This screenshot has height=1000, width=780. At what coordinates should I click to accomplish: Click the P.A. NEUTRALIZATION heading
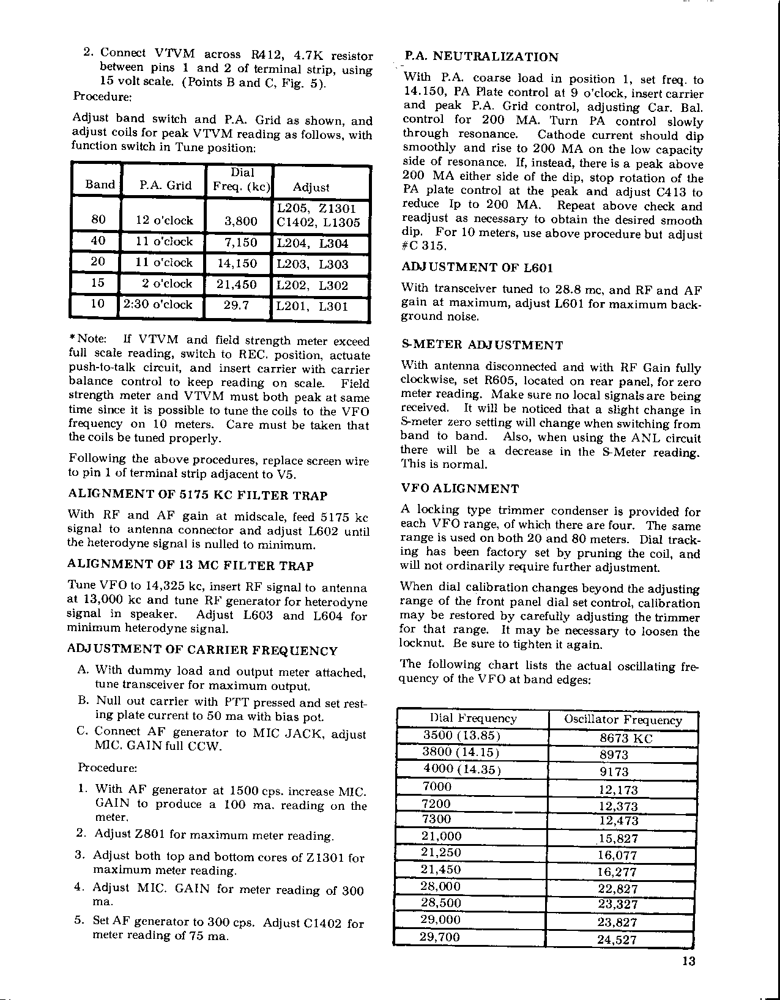(x=480, y=57)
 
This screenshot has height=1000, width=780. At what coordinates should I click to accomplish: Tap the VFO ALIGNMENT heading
(x=460, y=489)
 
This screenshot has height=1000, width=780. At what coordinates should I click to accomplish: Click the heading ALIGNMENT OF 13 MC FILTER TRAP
(x=190, y=566)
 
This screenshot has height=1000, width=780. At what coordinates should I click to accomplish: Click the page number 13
(x=688, y=961)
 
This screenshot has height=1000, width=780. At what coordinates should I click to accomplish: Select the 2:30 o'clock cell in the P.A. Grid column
(x=158, y=305)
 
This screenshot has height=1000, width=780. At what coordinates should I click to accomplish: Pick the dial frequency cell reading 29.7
(x=236, y=305)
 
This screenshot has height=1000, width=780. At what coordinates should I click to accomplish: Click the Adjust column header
(x=311, y=187)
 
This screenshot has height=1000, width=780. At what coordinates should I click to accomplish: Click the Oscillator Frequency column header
(x=623, y=720)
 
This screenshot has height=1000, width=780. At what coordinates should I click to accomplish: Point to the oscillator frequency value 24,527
(x=617, y=939)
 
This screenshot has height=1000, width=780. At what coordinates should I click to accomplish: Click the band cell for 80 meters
(x=98, y=220)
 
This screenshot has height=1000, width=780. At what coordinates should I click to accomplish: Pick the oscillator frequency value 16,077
(x=617, y=855)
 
